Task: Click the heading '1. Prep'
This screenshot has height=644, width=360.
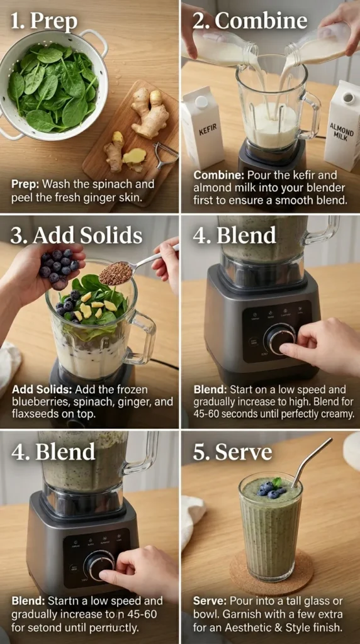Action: pos(44,21)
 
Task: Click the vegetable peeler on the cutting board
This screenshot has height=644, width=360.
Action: pos(165,154)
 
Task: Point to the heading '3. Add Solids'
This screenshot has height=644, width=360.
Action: pos(76,235)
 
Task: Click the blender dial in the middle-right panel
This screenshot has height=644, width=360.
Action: pos(279,338)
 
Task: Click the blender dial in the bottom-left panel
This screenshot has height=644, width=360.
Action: pos(99,564)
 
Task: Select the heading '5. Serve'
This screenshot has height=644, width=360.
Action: pos(232,452)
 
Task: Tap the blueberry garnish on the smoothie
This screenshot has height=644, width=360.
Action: pos(271,489)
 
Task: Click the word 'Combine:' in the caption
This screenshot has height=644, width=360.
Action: pos(215,175)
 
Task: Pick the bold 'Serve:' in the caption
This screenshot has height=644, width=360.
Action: pos(209,601)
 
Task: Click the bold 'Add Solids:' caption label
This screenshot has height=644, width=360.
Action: pos(40,389)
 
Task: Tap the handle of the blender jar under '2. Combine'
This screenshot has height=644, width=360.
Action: pos(310,116)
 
